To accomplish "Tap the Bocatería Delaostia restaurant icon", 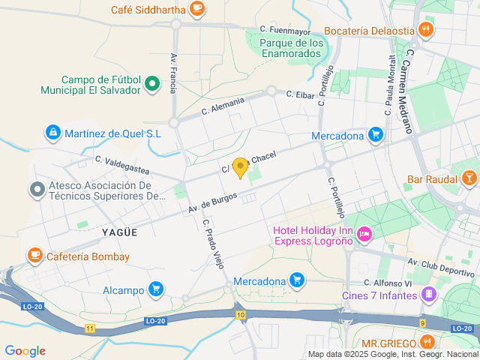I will [x=426, y=30].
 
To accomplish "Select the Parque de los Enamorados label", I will [x=292, y=48].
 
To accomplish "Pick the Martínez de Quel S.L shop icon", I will [x=52, y=133].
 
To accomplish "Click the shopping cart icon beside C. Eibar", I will [x=376, y=136].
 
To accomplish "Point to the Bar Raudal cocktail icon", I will [x=469, y=178].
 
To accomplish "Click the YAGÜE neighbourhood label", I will [x=119, y=232].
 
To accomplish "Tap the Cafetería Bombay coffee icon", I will [x=34, y=256].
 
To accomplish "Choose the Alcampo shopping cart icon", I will [x=156, y=289].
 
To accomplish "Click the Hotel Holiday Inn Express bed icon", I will [x=364, y=235].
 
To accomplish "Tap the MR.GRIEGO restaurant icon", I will [x=427, y=342].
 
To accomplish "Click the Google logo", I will [x=25, y=351].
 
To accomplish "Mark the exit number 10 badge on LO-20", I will [x=240, y=315].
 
